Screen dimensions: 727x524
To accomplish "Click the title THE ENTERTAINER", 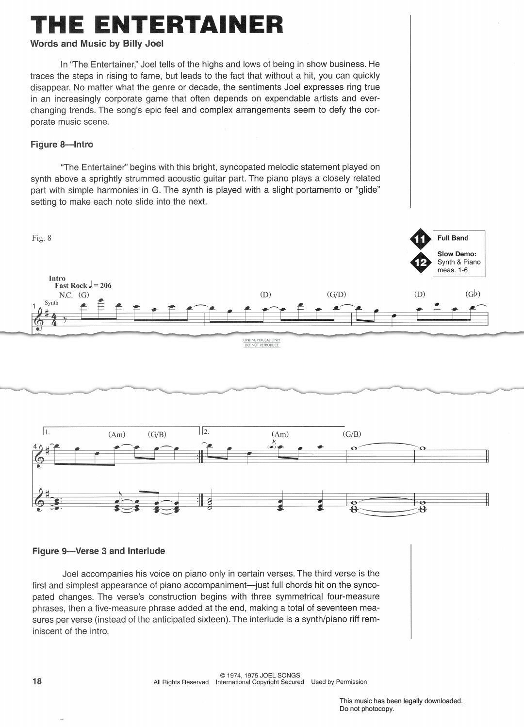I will (x=157, y=25).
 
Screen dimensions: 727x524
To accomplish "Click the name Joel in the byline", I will (x=154, y=44).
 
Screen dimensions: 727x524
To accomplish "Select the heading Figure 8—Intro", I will (x=62, y=145).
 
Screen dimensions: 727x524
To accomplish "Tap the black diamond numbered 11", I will (x=420, y=239).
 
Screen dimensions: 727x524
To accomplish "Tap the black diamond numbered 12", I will (x=420, y=263).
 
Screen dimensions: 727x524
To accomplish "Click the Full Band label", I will (x=453, y=238).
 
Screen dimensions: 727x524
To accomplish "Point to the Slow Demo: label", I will (x=457, y=254).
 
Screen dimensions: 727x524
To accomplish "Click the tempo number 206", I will (x=105, y=285).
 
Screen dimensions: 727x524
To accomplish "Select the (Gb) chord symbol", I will (x=473, y=294).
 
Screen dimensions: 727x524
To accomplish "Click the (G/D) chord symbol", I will (x=337, y=294).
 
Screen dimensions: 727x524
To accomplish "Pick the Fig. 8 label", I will (x=41, y=238).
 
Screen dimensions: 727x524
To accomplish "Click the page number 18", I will (x=37, y=681).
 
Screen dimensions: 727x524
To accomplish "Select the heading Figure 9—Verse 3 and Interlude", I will (x=98, y=551).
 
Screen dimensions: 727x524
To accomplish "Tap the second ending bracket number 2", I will (x=206, y=431).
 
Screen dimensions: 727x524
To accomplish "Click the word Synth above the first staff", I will (x=51, y=303).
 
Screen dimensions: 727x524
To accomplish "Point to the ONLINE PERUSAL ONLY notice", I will (x=262, y=341).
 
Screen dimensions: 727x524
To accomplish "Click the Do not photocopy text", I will (x=367, y=709).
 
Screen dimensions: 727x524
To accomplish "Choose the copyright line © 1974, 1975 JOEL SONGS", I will (x=260, y=675).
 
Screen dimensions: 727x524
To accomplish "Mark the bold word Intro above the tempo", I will (x=57, y=278).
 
